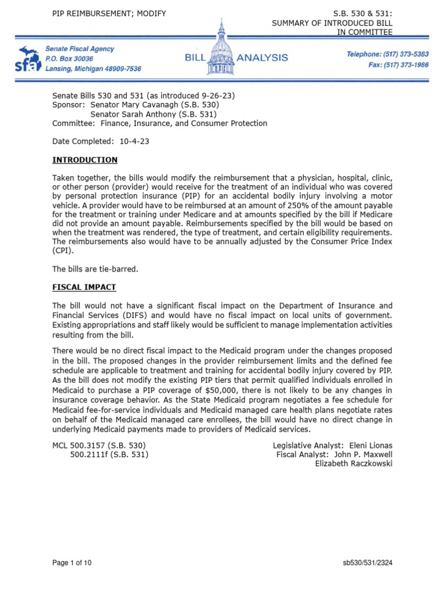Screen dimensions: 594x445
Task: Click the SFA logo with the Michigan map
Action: (x=28, y=59)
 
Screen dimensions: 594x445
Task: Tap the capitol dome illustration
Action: (x=222, y=46)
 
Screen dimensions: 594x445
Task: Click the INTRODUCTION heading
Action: (x=85, y=160)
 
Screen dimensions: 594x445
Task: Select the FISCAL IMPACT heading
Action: (x=84, y=287)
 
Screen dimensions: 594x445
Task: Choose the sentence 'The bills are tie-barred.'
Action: (x=96, y=269)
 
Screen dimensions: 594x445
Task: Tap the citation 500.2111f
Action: (x=89, y=454)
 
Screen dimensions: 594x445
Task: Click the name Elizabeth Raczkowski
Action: (x=353, y=463)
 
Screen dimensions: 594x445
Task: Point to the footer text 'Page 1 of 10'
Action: (x=72, y=563)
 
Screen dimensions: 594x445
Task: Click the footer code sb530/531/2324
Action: (x=367, y=563)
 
